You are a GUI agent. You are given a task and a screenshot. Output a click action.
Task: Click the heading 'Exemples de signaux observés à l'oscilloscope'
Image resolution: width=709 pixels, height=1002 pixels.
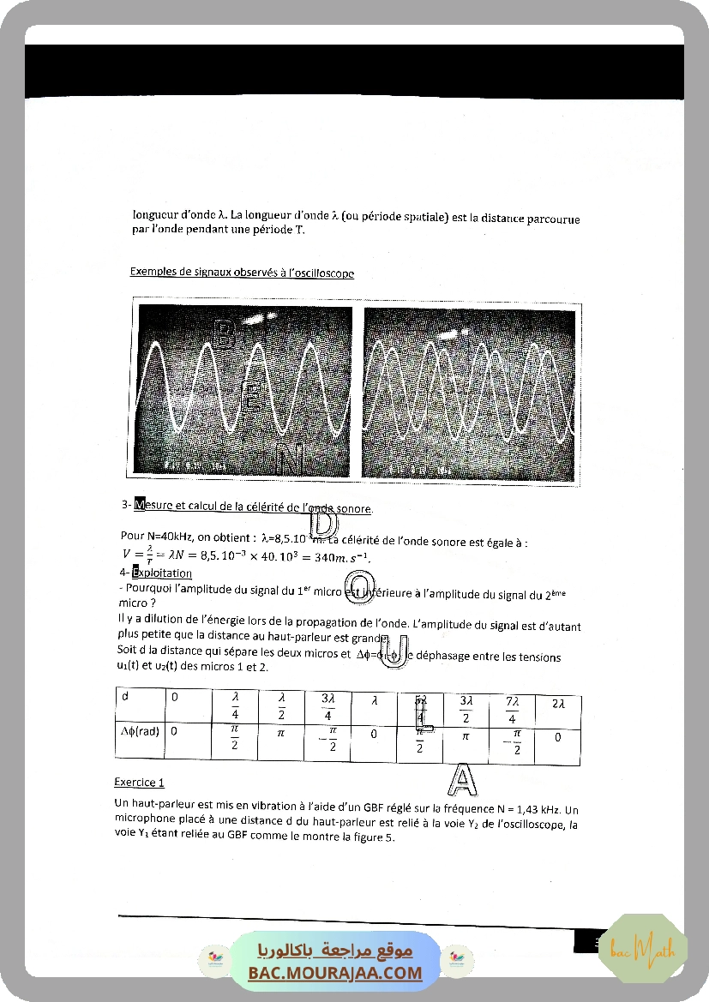(242, 273)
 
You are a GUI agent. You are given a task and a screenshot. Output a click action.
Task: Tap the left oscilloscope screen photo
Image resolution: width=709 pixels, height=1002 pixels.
(243, 391)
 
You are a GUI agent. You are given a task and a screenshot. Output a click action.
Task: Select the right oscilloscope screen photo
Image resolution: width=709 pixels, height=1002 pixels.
(468, 391)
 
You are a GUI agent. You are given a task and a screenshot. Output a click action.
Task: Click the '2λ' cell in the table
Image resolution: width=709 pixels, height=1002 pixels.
(557, 703)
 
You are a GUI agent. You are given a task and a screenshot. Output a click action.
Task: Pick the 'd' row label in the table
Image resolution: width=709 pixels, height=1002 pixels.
(125, 697)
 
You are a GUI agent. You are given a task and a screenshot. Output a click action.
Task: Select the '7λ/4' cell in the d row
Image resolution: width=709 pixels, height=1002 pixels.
(512, 708)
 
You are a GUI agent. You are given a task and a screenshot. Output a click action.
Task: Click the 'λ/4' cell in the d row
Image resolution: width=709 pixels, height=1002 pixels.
(234, 708)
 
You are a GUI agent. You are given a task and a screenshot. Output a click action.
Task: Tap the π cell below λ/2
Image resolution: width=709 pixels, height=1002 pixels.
(279, 735)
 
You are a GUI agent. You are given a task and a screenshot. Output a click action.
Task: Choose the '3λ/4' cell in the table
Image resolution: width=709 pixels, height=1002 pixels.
(328, 708)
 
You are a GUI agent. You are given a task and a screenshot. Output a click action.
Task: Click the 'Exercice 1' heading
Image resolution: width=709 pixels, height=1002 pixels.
(139, 782)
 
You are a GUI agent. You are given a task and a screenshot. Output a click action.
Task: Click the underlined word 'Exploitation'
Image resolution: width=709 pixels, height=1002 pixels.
(161, 573)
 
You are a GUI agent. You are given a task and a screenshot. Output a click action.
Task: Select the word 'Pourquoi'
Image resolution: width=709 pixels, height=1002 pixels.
(151, 588)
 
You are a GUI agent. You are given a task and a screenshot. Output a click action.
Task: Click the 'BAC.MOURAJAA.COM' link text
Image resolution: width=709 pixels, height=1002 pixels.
(335, 973)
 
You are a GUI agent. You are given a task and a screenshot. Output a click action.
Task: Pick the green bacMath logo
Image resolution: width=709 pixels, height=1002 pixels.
(643, 947)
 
